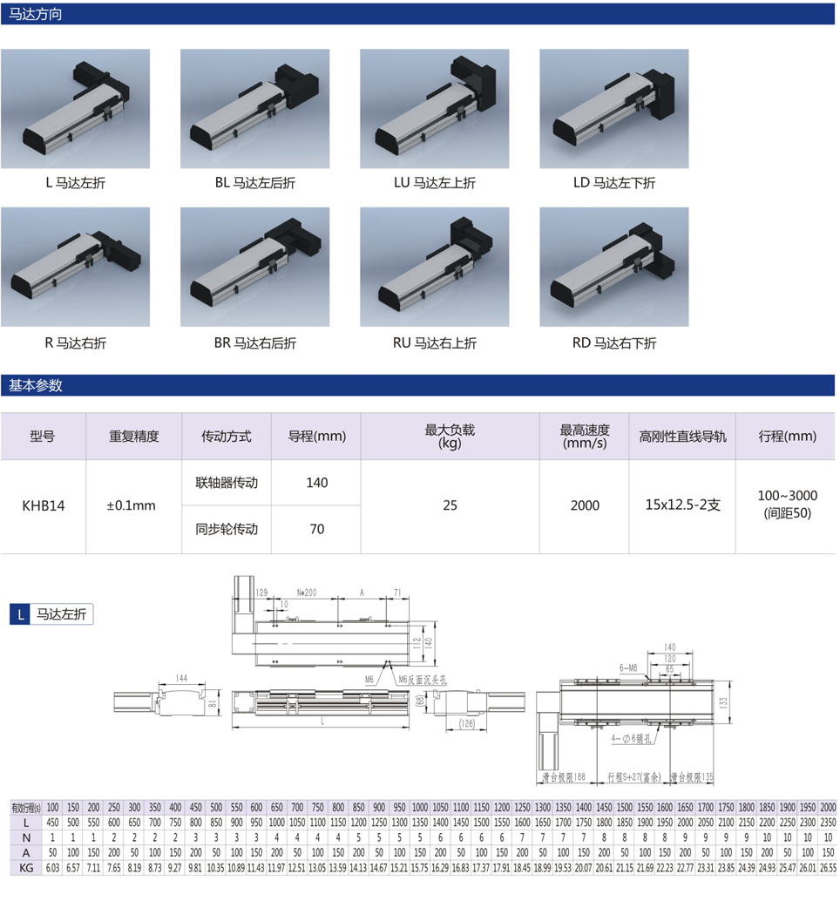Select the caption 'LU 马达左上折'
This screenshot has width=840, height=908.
(435, 183)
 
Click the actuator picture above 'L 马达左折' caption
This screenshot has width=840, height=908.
(75, 108)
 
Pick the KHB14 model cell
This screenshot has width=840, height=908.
(43, 505)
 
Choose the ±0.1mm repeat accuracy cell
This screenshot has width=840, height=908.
(133, 505)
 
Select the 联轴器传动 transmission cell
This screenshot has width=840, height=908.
(227, 483)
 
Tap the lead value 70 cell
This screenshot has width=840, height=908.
(316, 529)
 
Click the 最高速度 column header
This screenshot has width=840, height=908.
(584, 436)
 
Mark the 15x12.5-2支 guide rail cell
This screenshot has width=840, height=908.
(682, 505)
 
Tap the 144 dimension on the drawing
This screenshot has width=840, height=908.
(181, 677)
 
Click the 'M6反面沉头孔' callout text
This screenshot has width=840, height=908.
(422, 679)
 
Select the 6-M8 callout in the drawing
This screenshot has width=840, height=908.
(628, 667)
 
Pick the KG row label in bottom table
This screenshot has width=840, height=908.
(26, 868)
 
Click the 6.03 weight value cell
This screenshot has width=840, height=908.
(52, 868)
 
